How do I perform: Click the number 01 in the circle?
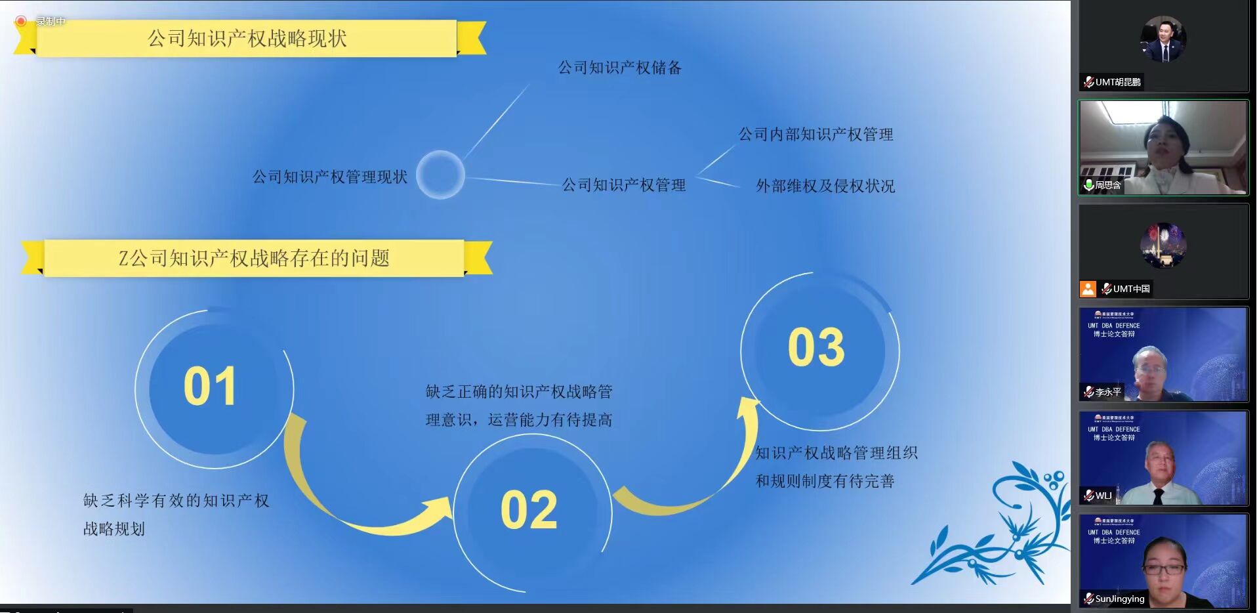(x=210, y=386)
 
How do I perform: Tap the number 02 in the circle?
(x=529, y=510)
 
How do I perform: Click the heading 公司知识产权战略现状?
(x=247, y=38)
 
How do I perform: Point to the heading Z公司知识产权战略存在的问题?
(x=254, y=258)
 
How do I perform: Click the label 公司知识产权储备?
(x=619, y=68)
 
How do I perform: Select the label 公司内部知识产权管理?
(x=815, y=135)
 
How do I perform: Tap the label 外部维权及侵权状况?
(x=825, y=186)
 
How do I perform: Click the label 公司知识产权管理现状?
(x=329, y=177)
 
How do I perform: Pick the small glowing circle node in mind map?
(x=441, y=175)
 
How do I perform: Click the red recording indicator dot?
(x=21, y=22)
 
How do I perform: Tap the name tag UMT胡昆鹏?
(x=1113, y=82)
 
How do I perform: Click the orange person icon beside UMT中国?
(x=1088, y=289)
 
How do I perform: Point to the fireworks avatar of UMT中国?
(x=1163, y=245)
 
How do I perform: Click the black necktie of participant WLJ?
(x=1158, y=496)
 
